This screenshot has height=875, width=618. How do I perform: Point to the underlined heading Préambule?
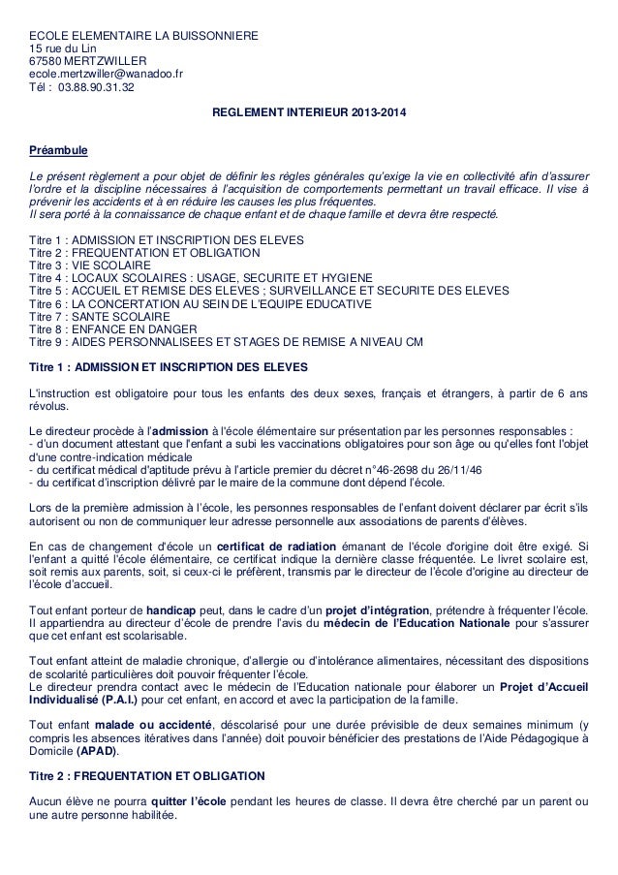[59, 150]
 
